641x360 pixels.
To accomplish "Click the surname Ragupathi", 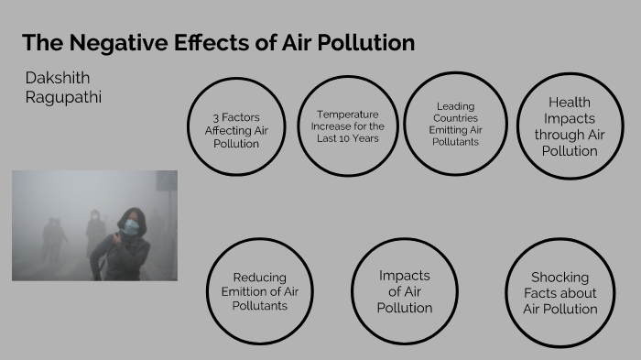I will [64, 97].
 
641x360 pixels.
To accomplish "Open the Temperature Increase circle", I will [349, 126].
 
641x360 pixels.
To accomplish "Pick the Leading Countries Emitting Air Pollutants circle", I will [455, 124].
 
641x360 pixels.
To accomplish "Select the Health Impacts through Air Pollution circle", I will [569, 125].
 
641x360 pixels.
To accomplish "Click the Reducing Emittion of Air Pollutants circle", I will [260, 291].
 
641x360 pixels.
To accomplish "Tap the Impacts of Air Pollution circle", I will [404, 291].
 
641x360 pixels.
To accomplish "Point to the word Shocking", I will [560, 278].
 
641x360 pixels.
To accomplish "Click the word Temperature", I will [349, 115].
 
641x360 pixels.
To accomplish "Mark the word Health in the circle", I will [569, 102].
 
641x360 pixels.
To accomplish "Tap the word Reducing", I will [260, 278].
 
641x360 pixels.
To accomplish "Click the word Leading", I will [455, 106].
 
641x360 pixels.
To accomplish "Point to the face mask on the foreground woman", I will [131, 226].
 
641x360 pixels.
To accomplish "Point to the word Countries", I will [455, 118].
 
